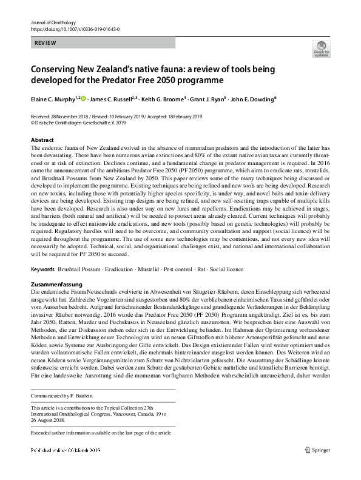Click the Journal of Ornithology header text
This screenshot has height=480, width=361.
point(56,22)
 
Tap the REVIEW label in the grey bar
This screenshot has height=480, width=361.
point(46,44)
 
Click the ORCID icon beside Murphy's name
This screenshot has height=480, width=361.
point(84,98)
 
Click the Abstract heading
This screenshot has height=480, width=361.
point(42,140)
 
